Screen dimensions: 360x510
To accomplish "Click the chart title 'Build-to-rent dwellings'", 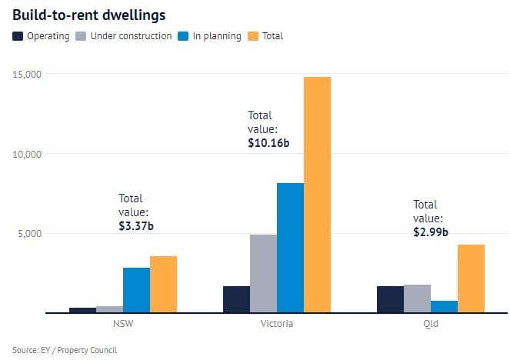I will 88,14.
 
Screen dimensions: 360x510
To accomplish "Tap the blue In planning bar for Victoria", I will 290,248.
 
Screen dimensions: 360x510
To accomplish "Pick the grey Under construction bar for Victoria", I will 263,274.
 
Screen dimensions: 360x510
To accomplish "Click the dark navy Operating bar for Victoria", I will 236,299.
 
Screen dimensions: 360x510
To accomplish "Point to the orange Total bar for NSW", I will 163,284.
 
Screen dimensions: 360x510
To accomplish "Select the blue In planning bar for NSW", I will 136,290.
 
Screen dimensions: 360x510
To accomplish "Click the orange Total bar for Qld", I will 471,278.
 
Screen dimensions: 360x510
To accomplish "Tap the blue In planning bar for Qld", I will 444,306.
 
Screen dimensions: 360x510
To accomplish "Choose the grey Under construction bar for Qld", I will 417,298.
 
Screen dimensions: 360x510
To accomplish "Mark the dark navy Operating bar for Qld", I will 390,299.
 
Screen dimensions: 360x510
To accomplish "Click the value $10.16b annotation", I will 268,142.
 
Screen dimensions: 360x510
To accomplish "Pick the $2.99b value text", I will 432,232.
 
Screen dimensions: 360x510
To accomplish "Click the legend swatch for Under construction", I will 82,36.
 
